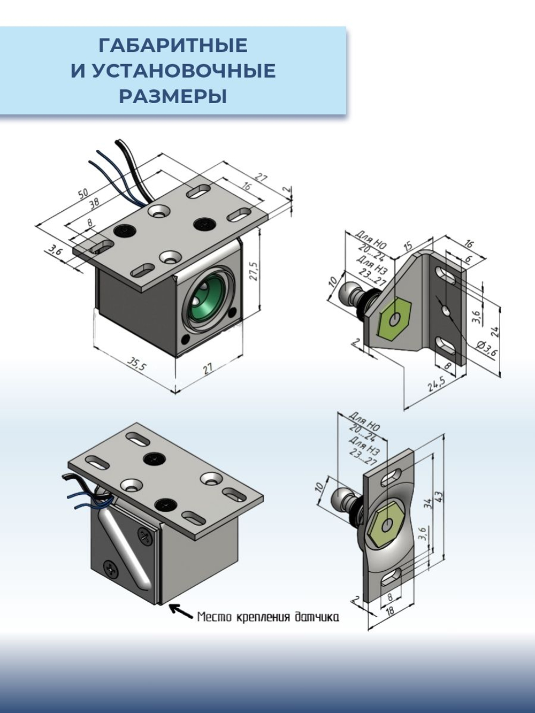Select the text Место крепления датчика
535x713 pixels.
point(267,617)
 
